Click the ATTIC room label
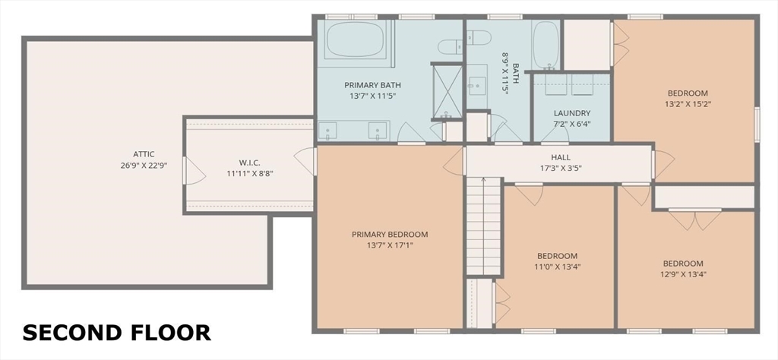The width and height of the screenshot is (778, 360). point(144,154)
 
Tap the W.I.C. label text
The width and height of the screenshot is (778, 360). point(249,162)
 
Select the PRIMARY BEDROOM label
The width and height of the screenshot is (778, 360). point(390,234)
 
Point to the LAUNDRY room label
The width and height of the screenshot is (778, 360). point(571,113)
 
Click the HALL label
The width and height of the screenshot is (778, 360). point(561,157)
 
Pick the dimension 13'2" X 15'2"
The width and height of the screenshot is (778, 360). point(687,104)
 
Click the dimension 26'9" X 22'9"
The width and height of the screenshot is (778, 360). point(144,166)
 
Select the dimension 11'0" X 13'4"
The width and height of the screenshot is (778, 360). point(557,267)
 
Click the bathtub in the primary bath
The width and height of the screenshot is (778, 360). point(356,39)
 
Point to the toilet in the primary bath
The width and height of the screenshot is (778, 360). point(450,47)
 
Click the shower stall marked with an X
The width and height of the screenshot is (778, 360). point(447,91)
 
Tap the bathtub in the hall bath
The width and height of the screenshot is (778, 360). point(546,45)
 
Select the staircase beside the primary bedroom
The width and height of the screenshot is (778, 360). point(483,226)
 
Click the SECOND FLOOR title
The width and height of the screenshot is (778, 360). point(116,332)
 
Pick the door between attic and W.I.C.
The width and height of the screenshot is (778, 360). point(194,171)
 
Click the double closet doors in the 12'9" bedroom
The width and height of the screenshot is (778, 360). point(694,219)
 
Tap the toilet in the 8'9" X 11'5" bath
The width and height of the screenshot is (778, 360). point(479,37)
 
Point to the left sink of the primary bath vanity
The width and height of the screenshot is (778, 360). point(327,131)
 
